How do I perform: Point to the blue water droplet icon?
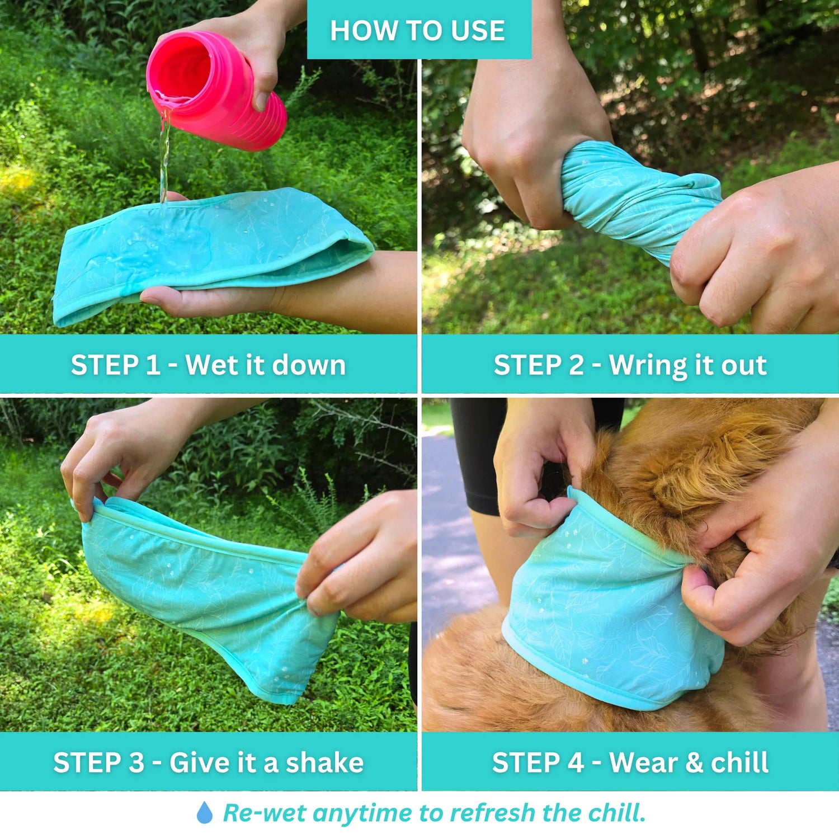point(205,812)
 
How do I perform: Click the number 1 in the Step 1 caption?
point(153,365)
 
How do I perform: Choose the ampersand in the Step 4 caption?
point(694,763)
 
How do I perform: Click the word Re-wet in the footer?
point(265,813)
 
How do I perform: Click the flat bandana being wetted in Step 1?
point(213,252)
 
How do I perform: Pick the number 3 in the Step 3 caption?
point(136,763)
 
